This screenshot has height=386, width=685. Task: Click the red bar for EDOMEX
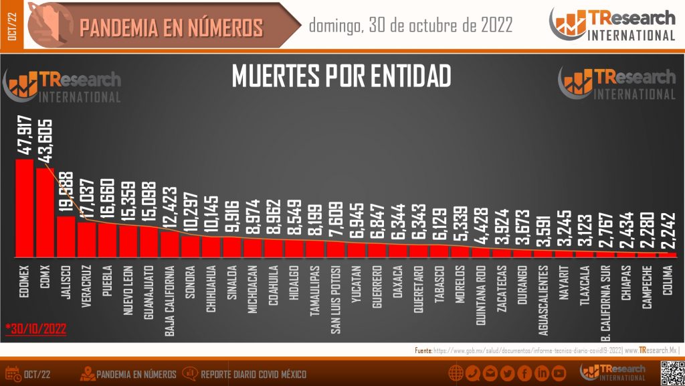(24, 208)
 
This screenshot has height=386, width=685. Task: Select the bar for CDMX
(45, 213)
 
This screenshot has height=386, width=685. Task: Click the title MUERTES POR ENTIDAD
(341, 76)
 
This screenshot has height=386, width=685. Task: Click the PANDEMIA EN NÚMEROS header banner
(171, 27)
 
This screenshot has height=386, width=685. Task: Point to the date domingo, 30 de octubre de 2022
(411, 26)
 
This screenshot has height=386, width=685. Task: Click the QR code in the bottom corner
(671, 373)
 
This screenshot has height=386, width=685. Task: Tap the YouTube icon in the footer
(559, 373)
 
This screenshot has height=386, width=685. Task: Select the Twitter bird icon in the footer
(507, 373)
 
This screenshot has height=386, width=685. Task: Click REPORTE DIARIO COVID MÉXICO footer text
(254, 374)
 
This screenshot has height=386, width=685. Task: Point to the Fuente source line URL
(528, 350)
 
